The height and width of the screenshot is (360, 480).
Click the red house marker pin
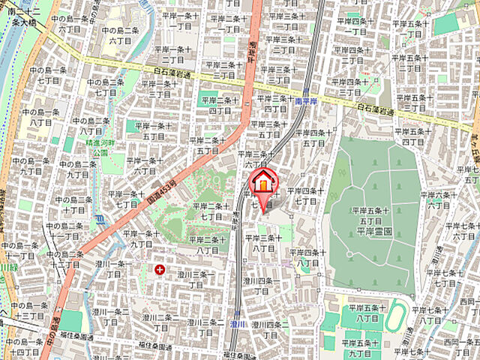pyautogui.click(x=263, y=183)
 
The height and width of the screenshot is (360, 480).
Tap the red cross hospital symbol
pyautogui.click(x=160, y=268)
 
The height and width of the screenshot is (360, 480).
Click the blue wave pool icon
pyautogui.click(x=100, y=220)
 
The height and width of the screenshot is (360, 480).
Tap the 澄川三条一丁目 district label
pyautogui.click(x=195, y=280)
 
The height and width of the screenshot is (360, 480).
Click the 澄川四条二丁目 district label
pyautogui.click(x=266, y=329)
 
